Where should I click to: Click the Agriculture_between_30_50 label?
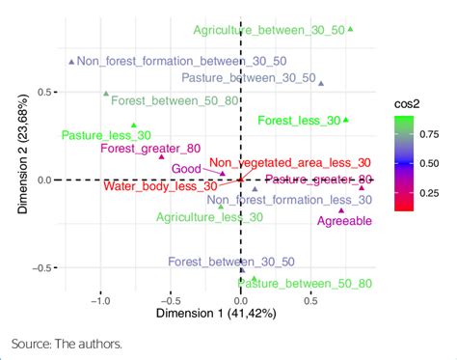pos(268,31)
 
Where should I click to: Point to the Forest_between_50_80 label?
pos(161,99)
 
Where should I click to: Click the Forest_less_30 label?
pos(299,121)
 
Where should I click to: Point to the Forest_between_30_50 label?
pos(217,262)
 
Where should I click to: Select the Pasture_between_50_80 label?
pos(309,283)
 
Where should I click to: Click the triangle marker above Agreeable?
pos(341,210)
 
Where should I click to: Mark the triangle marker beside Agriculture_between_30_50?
pos(350,30)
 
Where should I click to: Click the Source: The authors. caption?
pos(67,343)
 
